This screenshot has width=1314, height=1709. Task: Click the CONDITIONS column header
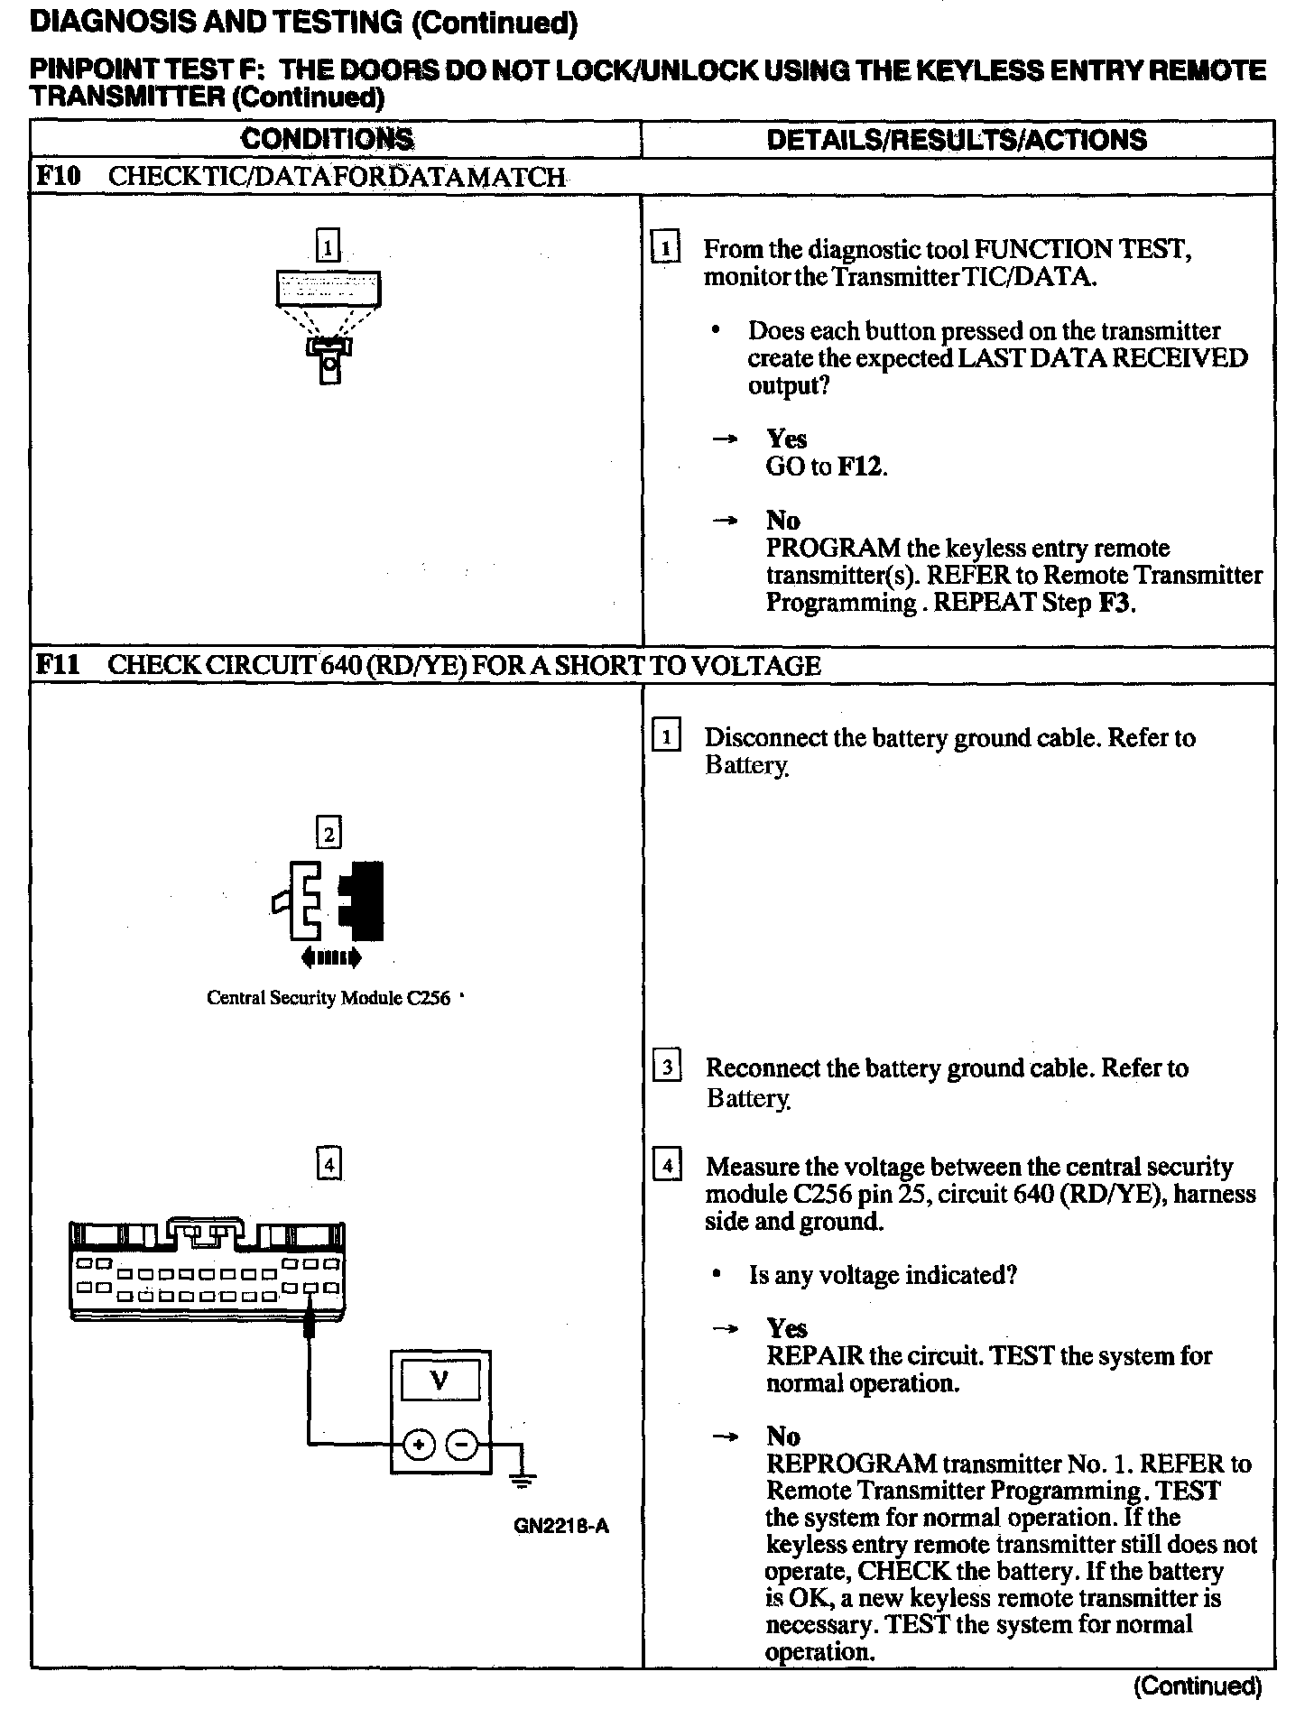[328, 139]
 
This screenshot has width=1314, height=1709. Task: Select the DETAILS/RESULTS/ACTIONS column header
[957, 139]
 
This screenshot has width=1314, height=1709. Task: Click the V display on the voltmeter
[440, 1380]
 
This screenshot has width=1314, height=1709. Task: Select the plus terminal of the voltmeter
[418, 1446]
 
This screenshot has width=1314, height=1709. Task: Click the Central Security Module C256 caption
[328, 998]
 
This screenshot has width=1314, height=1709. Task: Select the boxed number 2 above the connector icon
[328, 833]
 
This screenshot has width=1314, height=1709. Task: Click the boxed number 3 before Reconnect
[667, 1068]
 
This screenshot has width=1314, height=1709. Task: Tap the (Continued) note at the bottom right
[1198, 1686]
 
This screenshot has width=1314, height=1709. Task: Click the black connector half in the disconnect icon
[364, 901]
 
